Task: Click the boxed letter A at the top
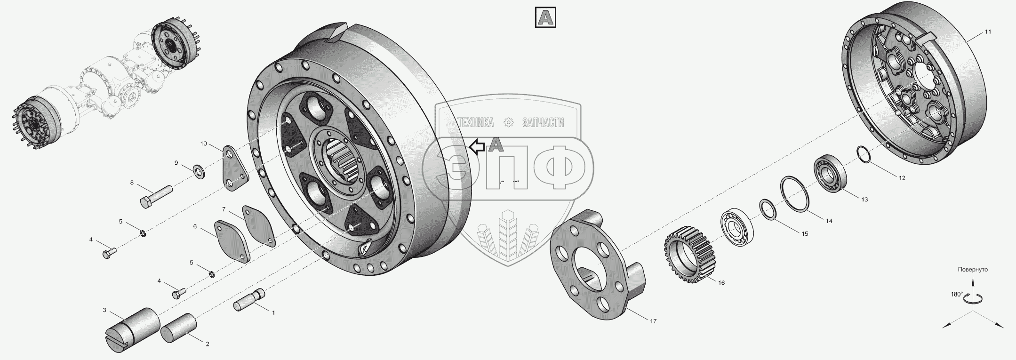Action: (x=546, y=18)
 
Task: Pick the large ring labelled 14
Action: (x=795, y=194)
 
